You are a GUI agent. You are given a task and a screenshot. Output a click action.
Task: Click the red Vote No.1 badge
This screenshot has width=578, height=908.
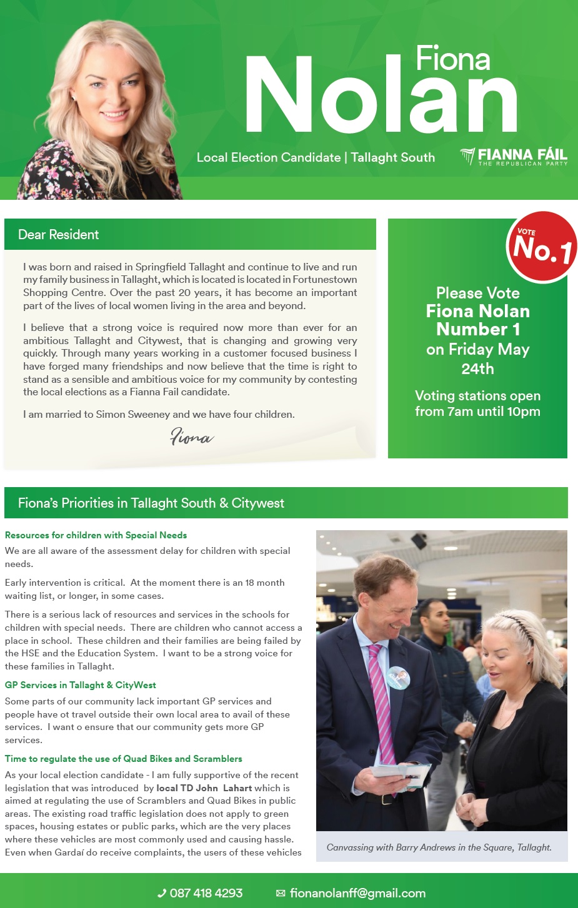click(542, 247)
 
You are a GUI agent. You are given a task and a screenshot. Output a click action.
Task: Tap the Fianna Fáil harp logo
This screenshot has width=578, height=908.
click(467, 155)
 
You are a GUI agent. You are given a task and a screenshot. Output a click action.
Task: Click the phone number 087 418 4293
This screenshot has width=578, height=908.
click(206, 893)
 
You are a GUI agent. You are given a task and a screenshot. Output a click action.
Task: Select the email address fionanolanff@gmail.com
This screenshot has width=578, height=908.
click(357, 893)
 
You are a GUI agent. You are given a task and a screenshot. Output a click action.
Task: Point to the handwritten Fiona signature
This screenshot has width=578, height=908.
click(191, 437)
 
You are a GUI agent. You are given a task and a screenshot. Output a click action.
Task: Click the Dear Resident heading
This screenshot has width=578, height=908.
click(58, 235)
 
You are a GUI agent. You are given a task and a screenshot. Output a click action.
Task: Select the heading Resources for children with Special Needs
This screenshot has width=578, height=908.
click(96, 535)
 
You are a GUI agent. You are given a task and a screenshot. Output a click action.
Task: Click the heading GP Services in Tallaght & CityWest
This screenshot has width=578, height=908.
click(80, 685)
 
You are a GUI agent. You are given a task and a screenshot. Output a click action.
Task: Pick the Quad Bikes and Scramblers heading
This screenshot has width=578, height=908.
click(123, 759)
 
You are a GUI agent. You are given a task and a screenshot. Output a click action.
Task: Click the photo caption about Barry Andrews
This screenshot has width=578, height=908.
click(439, 847)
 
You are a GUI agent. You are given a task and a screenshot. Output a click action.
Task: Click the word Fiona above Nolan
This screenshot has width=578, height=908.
click(452, 59)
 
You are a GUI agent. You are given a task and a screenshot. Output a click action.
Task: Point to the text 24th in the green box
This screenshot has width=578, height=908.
click(477, 369)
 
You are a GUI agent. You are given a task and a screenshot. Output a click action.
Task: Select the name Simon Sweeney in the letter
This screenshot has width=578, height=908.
click(132, 414)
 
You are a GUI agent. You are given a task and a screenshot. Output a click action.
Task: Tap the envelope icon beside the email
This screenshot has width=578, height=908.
click(281, 894)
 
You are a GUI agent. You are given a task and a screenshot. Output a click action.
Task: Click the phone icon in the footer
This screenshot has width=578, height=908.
click(162, 894)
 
